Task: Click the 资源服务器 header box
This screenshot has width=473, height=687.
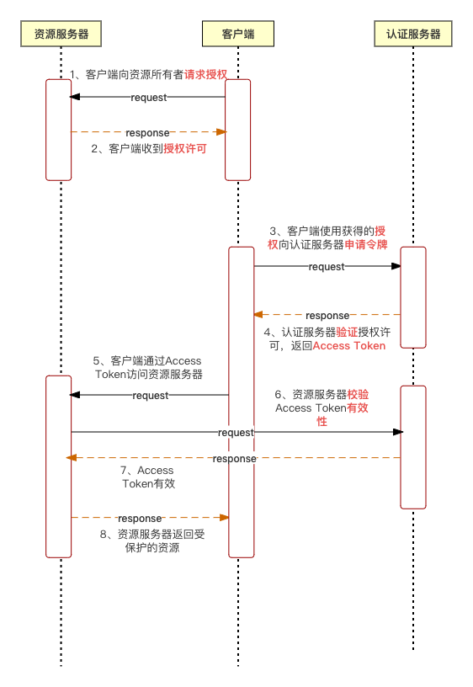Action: click(61, 35)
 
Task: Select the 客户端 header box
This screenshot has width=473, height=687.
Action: click(237, 35)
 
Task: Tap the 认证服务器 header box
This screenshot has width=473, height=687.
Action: click(413, 35)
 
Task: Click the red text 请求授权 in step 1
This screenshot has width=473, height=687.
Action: click(206, 74)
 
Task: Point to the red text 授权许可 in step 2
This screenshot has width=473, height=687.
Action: click(184, 148)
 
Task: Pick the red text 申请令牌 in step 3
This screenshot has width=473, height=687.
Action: click(366, 244)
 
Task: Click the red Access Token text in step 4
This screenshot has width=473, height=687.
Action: click(348, 345)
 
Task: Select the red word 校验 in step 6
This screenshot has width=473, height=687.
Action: click(358, 394)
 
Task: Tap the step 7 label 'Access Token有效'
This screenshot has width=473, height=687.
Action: click(148, 477)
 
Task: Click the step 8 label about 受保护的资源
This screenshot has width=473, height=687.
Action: click(152, 541)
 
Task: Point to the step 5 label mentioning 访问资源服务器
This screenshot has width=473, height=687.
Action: click(148, 367)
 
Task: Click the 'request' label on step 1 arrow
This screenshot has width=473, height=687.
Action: click(149, 98)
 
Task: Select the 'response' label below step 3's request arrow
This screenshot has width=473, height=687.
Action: click(327, 315)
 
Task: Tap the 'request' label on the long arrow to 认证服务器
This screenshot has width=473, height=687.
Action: click(236, 432)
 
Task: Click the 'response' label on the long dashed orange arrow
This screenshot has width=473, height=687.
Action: click(234, 458)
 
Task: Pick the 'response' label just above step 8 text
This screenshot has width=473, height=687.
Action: click(140, 518)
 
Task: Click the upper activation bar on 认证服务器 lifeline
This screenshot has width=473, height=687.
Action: click(413, 296)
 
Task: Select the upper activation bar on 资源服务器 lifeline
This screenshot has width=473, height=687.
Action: click(58, 130)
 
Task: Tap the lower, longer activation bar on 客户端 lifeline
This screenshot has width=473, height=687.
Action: click(242, 402)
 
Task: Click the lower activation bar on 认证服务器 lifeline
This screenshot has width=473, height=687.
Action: click(413, 446)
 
